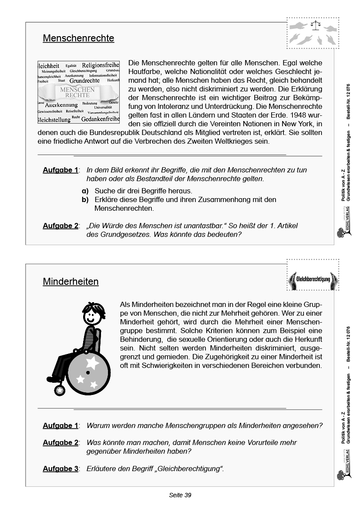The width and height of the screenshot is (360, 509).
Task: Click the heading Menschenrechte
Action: (x=78, y=38)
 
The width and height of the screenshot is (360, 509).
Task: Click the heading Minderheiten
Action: (x=71, y=282)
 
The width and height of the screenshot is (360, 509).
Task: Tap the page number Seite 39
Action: (x=180, y=495)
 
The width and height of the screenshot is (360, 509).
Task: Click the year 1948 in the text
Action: (x=298, y=124)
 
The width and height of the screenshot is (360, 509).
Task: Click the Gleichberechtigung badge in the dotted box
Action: (x=313, y=280)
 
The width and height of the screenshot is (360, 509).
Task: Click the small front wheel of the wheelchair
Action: (x=60, y=390)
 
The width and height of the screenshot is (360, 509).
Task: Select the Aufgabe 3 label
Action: (x=61, y=469)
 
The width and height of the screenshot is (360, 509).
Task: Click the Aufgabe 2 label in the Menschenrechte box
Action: (x=61, y=226)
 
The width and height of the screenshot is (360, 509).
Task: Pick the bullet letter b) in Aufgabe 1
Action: (x=85, y=200)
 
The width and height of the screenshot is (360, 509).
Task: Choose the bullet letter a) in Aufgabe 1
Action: (x=85, y=191)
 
